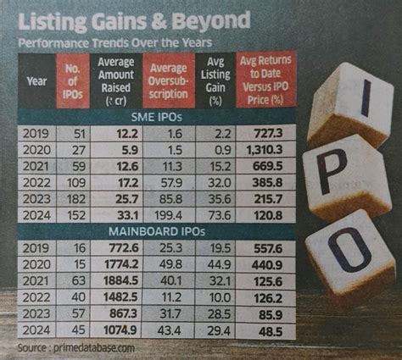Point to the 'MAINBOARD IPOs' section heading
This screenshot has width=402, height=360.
pyautogui.click(x=159, y=230)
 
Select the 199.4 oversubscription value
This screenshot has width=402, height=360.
pyautogui.click(x=168, y=218)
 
